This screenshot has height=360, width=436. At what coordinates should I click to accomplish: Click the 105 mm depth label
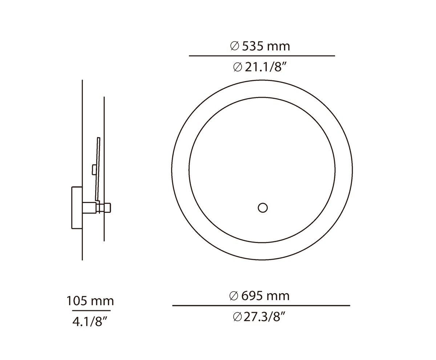(x=90, y=301)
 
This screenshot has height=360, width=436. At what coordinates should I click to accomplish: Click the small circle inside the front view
(x=263, y=208)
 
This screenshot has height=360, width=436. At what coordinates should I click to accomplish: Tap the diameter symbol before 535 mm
(x=235, y=46)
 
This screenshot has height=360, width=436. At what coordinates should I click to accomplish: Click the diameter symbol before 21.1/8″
(x=238, y=67)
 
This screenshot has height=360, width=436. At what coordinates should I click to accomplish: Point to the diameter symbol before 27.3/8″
(x=237, y=317)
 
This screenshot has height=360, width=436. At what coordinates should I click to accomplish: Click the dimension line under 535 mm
(x=262, y=56)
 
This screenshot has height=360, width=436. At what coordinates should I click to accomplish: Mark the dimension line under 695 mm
(x=261, y=306)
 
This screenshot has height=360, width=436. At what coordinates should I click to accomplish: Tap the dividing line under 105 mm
(x=91, y=311)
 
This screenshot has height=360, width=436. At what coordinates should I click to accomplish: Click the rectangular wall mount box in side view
(x=77, y=207)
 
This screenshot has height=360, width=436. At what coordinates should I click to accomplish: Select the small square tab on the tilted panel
(x=94, y=170)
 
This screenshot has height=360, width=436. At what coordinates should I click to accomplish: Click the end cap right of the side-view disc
(x=108, y=207)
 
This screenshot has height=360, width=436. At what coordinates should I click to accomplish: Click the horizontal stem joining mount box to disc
(x=89, y=207)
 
